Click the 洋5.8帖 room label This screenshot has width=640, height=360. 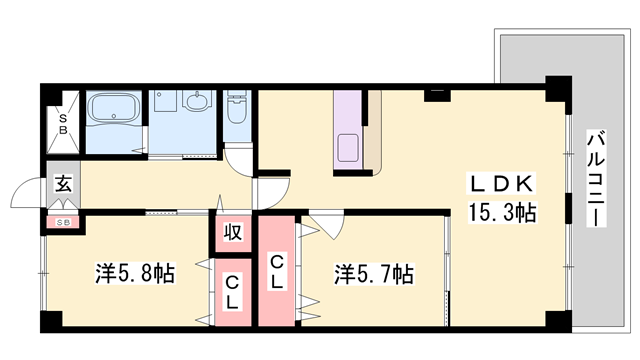tap(135, 272)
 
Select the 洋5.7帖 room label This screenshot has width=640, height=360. tap(374, 272)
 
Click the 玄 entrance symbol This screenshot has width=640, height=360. tap(62, 186)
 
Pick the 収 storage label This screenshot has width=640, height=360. tap(232, 234)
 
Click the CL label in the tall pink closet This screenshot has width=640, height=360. tap(278, 272)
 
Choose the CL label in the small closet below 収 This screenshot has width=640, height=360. tap(232, 293)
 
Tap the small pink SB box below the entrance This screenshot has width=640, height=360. tap(62, 221)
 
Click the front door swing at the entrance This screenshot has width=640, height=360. tap(30, 195)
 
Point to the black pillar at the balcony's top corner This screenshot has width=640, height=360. tap(555, 88)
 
